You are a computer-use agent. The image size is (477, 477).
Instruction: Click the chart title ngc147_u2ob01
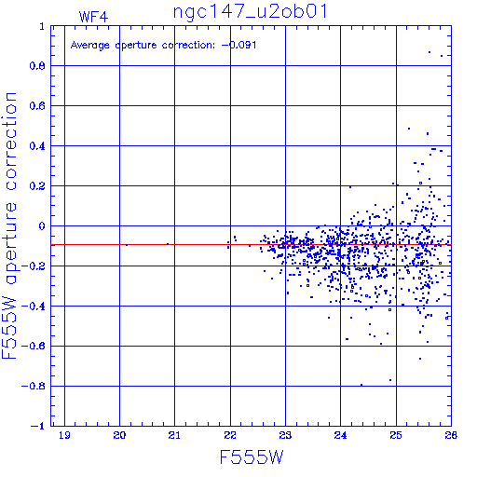[x=250, y=11]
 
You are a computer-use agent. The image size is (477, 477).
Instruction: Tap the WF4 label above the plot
[x=93, y=17]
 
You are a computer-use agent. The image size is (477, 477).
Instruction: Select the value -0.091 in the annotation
[x=238, y=45]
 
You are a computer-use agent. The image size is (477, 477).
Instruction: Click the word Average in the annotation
[x=90, y=46]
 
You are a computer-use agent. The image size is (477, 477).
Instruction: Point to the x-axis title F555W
[x=252, y=457]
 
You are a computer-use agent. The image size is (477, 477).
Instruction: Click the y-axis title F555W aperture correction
[x=9, y=225]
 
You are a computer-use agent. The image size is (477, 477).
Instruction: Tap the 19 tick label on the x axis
[x=64, y=435]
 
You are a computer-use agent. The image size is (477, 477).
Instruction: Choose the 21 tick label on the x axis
[x=174, y=435]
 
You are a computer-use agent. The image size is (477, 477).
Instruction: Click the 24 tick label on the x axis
[x=340, y=435]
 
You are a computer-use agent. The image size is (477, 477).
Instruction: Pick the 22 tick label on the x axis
[x=230, y=435]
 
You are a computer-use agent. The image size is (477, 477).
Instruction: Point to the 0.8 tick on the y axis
[x=37, y=66]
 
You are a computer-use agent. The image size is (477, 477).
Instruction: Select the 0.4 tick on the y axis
[x=37, y=146]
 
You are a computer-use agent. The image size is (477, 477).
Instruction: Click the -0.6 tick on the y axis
[x=34, y=346]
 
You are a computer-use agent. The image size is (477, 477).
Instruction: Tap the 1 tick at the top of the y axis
[x=42, y=26]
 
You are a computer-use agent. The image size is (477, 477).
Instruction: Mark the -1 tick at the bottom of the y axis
[x=38, y=426]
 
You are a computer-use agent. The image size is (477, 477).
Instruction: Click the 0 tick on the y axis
[x=42, y=226]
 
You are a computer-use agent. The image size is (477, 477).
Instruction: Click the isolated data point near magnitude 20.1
[x=127, y=245]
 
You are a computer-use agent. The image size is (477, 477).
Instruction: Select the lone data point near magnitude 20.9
[x=168, y=244]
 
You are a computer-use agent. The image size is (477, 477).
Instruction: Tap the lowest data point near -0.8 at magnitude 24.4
[x=361, y=385]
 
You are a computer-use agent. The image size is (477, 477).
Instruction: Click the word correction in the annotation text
[x=188, y=46]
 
